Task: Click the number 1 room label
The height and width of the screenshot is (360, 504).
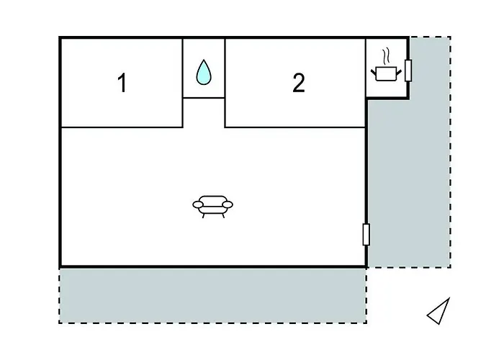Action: coord(122,83)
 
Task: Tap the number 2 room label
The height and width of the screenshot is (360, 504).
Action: coord(299,83)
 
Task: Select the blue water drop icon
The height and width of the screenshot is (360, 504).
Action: coord(204,72)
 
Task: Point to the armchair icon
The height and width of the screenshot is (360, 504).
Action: coord(213,207)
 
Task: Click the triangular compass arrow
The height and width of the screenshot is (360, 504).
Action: coord(438,311)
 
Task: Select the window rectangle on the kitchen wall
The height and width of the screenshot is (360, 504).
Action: coord(408,71)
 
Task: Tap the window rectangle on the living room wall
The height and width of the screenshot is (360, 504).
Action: coord(366,234)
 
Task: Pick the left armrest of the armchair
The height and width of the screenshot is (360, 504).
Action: coord(198,204)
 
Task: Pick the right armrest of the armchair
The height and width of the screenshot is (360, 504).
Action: coord(228,204)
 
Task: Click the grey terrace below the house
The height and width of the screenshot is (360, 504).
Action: coord(213,295)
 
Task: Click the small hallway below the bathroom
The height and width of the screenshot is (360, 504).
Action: coord(204,112)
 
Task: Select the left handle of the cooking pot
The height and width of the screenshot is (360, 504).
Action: coord(373,73)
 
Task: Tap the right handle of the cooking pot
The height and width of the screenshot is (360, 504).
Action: coord(399,73)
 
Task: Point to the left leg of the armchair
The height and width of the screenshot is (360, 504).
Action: coord(204,216)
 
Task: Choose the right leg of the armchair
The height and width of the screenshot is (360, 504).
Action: coord(222,216)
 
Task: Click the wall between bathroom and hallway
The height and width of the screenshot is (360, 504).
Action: coord(204,98)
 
